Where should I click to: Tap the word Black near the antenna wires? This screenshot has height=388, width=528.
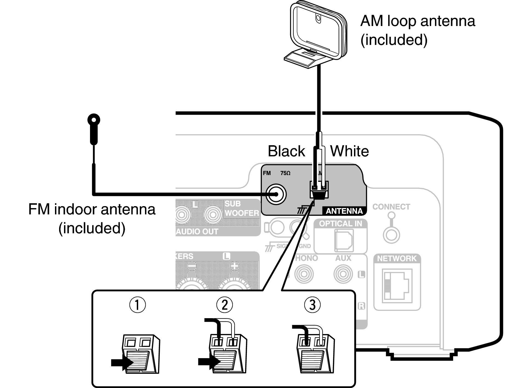tap(286, 151)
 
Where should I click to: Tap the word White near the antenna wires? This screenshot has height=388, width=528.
tap(349, 151)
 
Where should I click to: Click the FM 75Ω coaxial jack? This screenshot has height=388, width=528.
tap(276, 194)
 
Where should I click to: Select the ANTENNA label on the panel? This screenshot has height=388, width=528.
tap(344, 211)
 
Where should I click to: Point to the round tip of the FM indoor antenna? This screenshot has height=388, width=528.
tap(94, 120)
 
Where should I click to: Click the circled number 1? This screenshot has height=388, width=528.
tap(137, 305)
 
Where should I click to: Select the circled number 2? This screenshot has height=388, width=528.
tap(224, 305)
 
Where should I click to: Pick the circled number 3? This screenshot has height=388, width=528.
tap(312, 305)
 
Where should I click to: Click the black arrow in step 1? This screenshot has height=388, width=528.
tap(121, 363)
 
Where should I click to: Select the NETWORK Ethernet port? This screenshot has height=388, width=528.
tap(397, 285)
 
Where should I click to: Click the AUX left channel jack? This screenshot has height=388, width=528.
tap(343, 274)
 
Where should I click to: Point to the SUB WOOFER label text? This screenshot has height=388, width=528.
tap(242, 208)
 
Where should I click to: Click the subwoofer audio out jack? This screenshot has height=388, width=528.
tap(213, 214)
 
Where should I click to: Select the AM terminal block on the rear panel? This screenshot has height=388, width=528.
tap(319, 189)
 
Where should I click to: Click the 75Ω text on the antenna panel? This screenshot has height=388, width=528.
tap(285, 173)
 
